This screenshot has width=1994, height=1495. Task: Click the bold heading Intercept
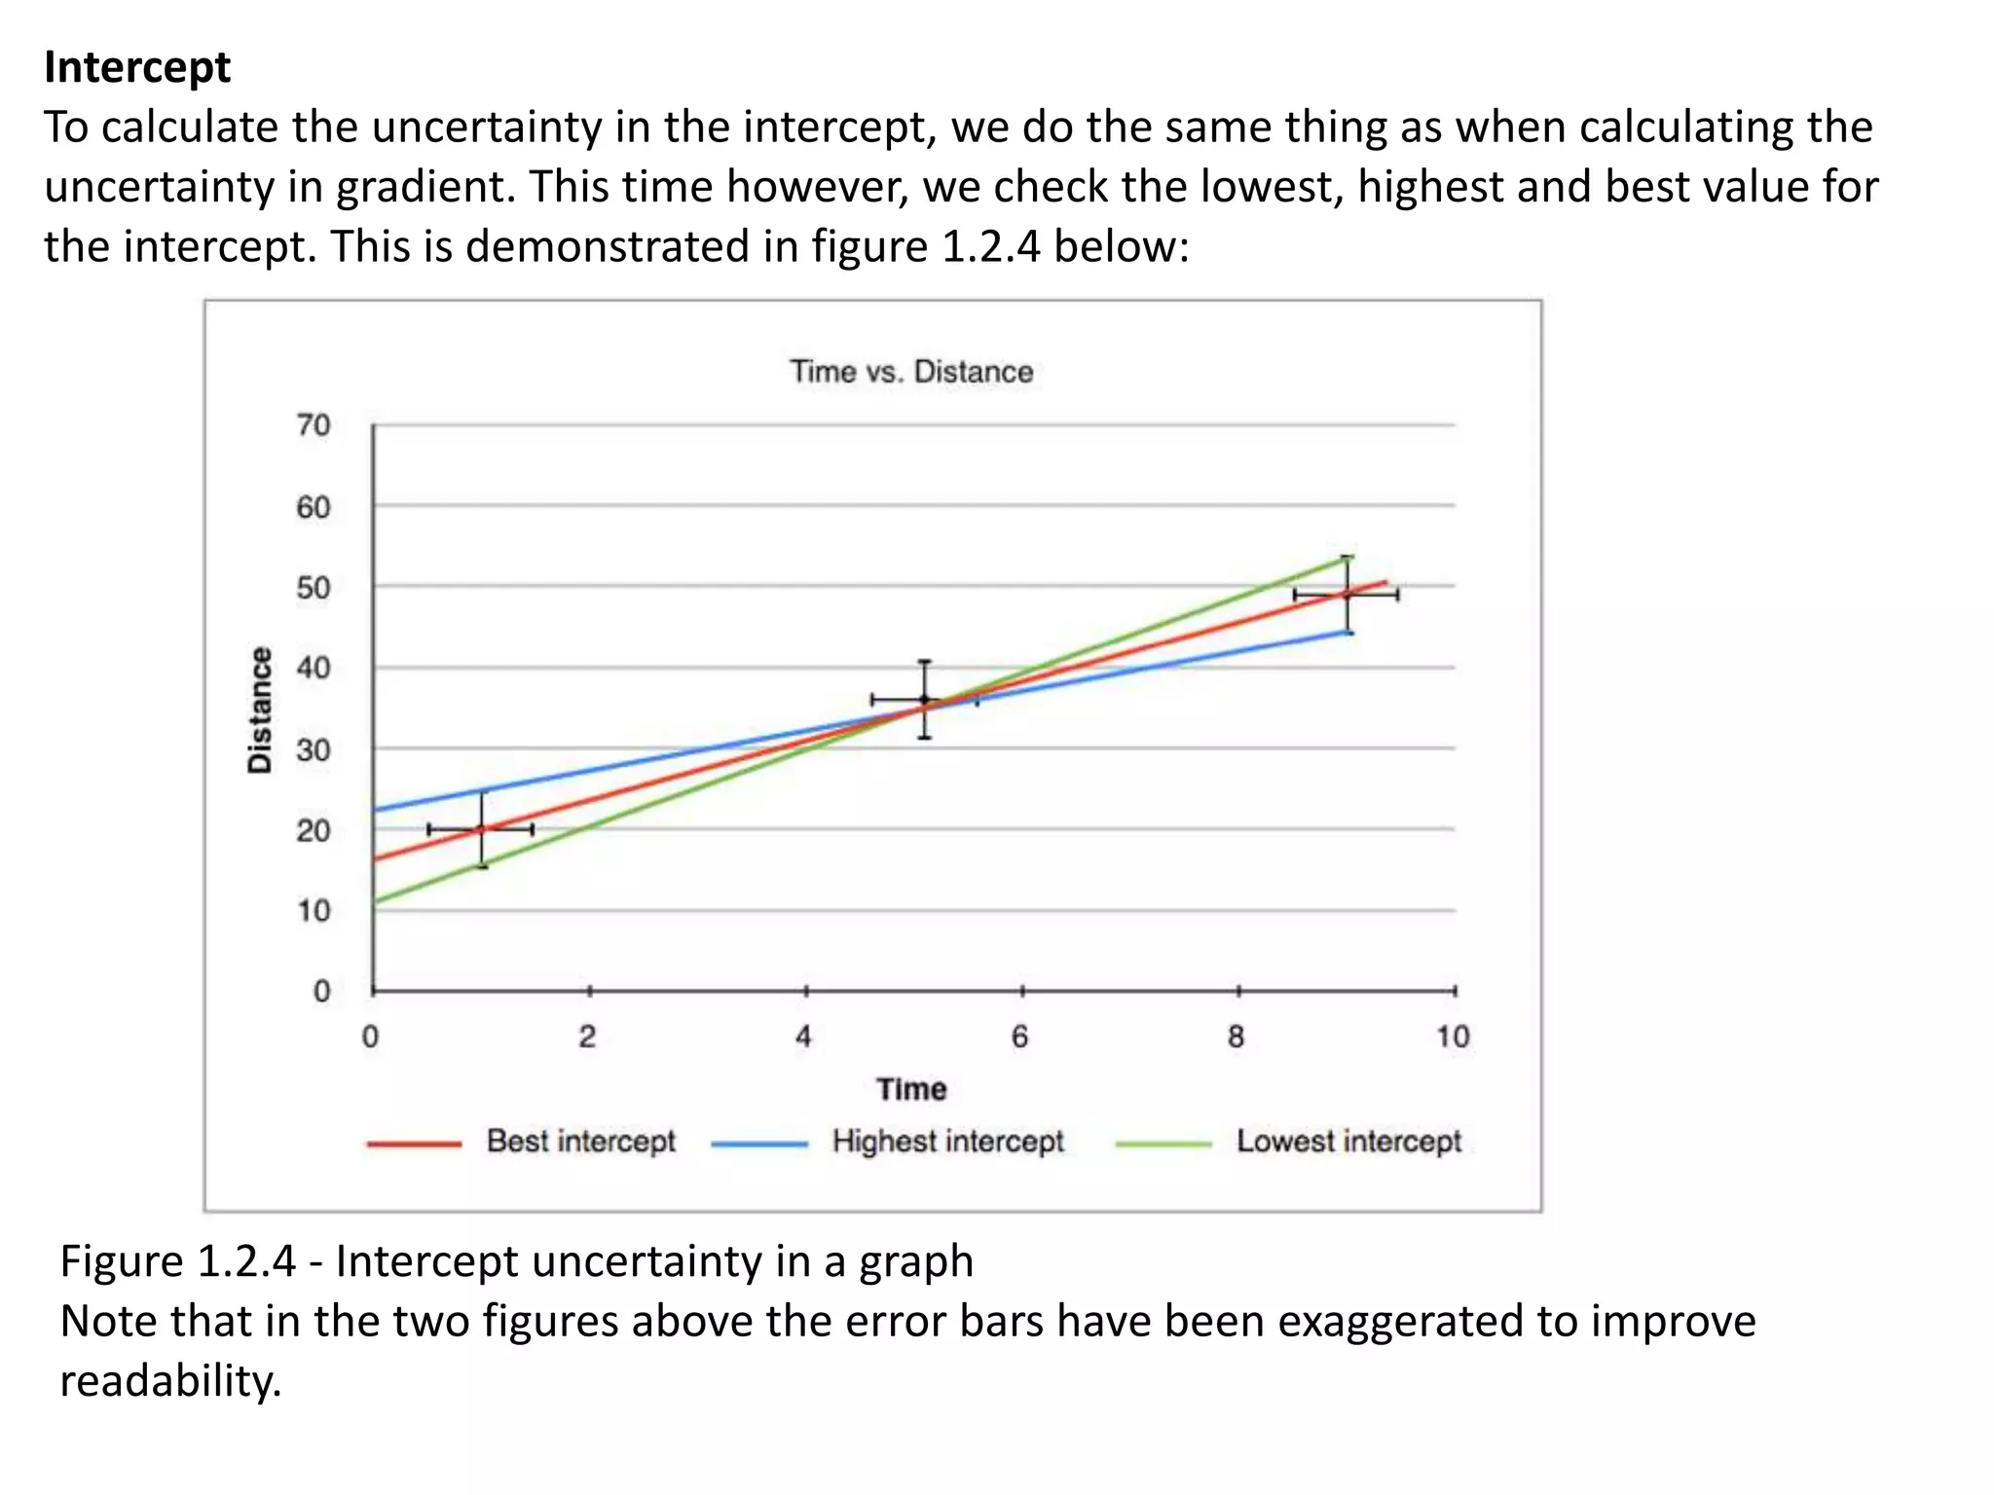tap(137, 68)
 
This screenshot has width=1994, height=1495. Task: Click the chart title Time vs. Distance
tap(910, 372)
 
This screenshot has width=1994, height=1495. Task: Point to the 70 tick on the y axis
tap(314, 425)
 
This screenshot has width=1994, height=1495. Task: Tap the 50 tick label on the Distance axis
tap(314, 588)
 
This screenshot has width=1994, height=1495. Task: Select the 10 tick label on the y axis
tap(314, 911)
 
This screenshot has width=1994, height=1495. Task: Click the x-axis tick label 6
tap(1019, 1038)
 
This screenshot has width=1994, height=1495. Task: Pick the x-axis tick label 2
tap(587, 1038)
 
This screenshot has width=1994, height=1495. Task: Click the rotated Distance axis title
tap(260, 710)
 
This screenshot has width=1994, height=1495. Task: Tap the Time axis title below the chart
tap(911, 1089)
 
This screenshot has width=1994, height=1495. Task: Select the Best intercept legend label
tap(580, 1141)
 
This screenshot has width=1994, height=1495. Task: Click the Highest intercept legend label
tap(947, 1141)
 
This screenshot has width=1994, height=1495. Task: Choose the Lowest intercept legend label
tap(1348, 1141)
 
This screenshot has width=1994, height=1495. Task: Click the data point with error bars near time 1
tap(481, 829)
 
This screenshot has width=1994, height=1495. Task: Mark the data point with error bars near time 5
tap(924, 699)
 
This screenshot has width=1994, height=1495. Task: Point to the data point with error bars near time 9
tap(1347, 594)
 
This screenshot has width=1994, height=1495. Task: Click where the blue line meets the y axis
tap(375, 810)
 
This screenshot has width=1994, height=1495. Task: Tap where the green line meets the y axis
tap(375, 901)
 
